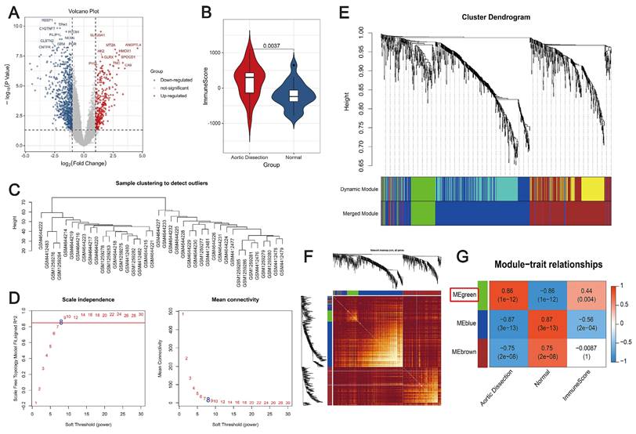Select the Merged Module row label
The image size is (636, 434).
coord(365,212)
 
